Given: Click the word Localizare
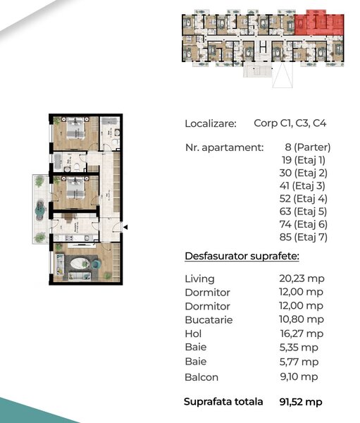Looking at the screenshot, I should (210, 123).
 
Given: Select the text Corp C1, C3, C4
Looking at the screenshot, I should (290, 123).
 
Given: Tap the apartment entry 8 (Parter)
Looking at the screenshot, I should (307, 147).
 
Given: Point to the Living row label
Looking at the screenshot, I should (199, 279).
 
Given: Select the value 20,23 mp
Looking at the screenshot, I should (302, 278).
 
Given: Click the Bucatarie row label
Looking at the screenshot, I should (209, 320).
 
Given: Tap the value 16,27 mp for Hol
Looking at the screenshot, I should (302, 333).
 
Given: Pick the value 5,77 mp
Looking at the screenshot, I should (299, 361).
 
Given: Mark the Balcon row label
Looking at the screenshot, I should (201, 377).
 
